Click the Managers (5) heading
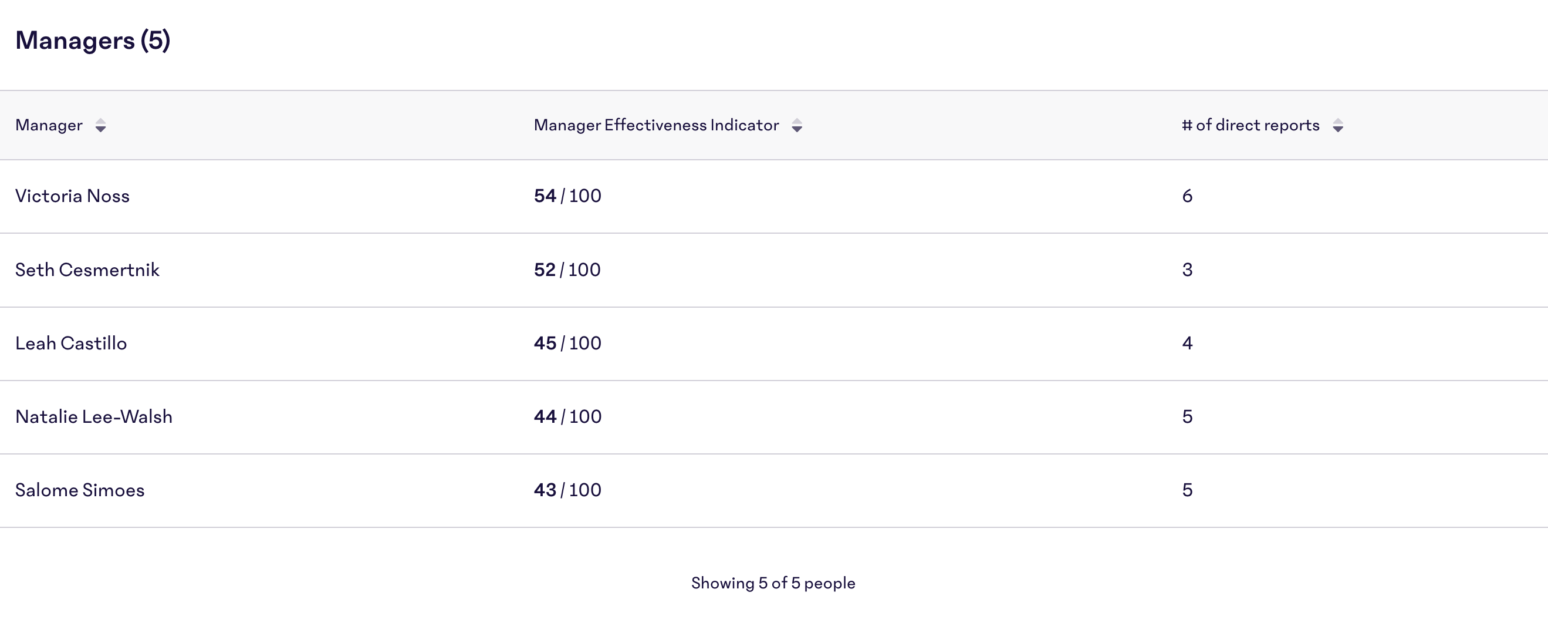click(93, 41)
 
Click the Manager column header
click(49, 125)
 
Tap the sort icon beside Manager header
click(100, 126)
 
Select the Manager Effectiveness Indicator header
click(655, 125)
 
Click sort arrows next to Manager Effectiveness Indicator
click(797, 126)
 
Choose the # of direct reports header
click(1250, 125)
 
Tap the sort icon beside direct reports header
click(1338, 126)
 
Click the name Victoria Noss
click(72, 196)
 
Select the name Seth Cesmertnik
click(87, 270)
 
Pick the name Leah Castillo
click(71, 344)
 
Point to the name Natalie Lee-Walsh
click(94, 417)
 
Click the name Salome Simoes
click(80, 490)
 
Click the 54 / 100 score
click(567, 196)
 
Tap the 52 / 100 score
click(567, 270)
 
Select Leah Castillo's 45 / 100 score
click(567, 344)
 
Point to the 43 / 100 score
click(567, 490)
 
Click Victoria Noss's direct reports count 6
click(1187, 196)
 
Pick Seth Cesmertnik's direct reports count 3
click(1187, 270)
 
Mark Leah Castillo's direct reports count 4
click(1187, 344)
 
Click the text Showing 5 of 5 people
click(773, 583)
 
